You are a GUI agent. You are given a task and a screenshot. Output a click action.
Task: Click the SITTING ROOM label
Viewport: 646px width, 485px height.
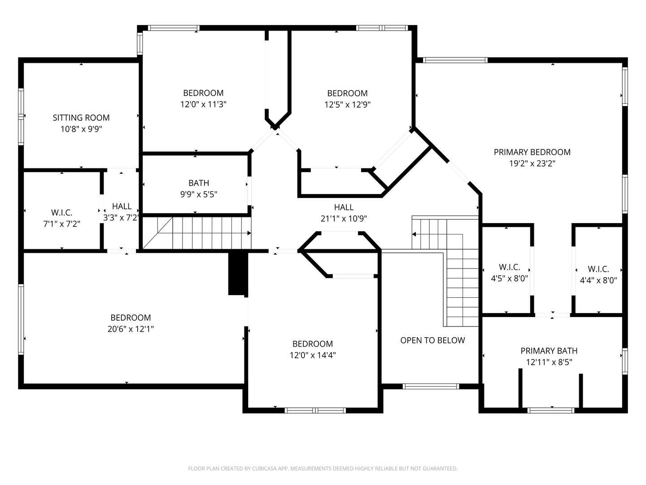pyautogui.click(x=81, y=118)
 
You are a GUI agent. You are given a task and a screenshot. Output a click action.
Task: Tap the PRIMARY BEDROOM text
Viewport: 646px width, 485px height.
pyautogui.click(x=532, y=152)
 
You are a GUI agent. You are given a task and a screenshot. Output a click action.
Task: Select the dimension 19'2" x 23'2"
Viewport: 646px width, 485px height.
pyautogui.click(x=532, y=163)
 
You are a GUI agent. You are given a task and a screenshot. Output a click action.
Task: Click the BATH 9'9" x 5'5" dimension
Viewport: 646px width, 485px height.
pyautogui.click(x=199, y=194)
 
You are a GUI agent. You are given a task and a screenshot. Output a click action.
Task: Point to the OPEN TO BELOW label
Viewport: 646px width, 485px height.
pyautogui.click(x=432, y=340)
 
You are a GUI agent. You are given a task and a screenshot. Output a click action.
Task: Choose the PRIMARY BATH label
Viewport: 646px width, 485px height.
pyautogui.click(x=549, y=351)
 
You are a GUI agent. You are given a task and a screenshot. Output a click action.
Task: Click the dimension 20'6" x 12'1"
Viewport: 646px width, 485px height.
pyautogui.click(x=131, y=329)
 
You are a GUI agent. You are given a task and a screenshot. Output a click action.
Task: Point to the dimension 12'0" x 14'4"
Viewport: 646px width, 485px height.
pyautogui.click(x=313, y=355)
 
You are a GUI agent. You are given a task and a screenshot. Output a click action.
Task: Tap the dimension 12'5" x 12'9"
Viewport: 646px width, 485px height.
pyautogui.click(x=347, y=105)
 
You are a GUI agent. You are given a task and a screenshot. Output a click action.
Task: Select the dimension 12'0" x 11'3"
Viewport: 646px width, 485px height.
pyautogui.click(x=203, y=104)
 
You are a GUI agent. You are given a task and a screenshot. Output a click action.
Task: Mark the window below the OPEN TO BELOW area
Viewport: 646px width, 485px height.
pyautogui.click(x=431, y=386)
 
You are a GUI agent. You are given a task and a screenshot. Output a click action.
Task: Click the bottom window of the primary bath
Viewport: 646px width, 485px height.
pyautogui.click(x=550, y=410)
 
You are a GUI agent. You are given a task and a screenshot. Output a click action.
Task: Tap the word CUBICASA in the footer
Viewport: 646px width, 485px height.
pyautogui.click(x=265, y=468)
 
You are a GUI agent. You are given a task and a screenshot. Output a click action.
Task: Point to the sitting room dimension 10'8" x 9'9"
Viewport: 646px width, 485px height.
pyautogui.click(x=81, y=129)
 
